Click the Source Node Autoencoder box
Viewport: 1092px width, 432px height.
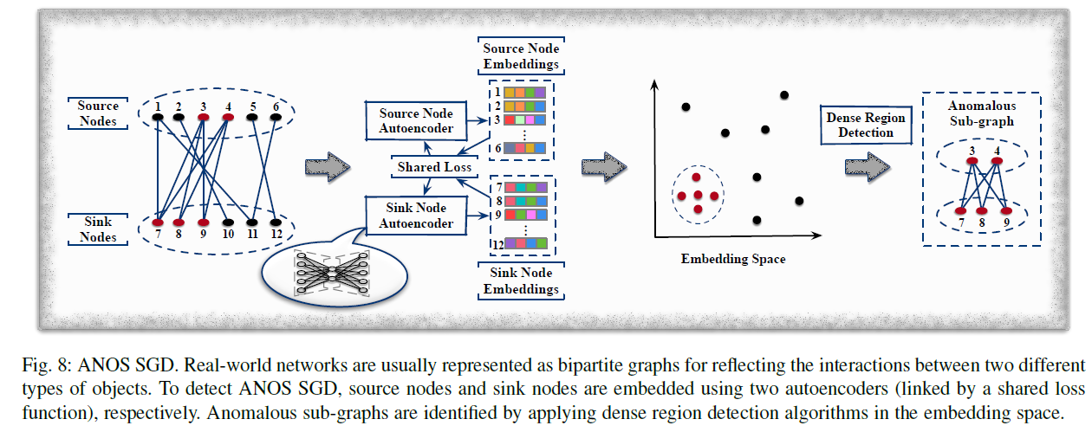416,121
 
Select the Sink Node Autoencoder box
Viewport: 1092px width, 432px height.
416,216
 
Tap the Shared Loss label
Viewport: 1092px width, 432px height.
434,167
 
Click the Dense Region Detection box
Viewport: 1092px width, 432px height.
866,126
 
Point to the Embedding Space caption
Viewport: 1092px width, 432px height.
733,259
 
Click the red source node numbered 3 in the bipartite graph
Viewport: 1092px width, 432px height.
204,117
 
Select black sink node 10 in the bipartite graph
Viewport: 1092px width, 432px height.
228,222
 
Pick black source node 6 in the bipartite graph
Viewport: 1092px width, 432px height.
276,117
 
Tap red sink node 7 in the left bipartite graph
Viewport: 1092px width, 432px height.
158,222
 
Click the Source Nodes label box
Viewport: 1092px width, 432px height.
98,113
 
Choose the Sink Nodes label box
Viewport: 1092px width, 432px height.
98,229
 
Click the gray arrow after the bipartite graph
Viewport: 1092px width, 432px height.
328,167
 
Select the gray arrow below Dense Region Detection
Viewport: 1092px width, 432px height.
868,167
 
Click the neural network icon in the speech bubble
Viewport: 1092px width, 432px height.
331,273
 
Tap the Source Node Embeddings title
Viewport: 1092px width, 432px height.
521,56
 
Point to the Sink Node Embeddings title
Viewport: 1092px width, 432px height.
521,280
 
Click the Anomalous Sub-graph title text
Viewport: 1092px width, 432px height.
982,113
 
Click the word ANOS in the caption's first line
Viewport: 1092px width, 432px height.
104,364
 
